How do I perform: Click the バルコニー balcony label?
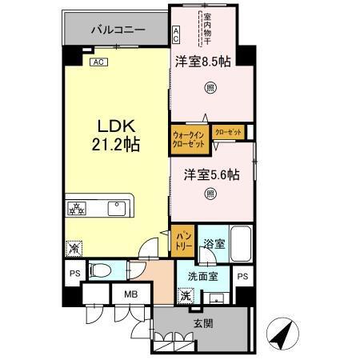coord(117,30)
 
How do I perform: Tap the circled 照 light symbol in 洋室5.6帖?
coord(210,193)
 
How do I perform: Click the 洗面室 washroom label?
coord(203,277)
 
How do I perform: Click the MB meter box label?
coord(131,294)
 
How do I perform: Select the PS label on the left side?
coord(75,272)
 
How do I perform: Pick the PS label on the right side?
coord(242,277)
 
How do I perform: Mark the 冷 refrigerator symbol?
coord(74,249)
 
